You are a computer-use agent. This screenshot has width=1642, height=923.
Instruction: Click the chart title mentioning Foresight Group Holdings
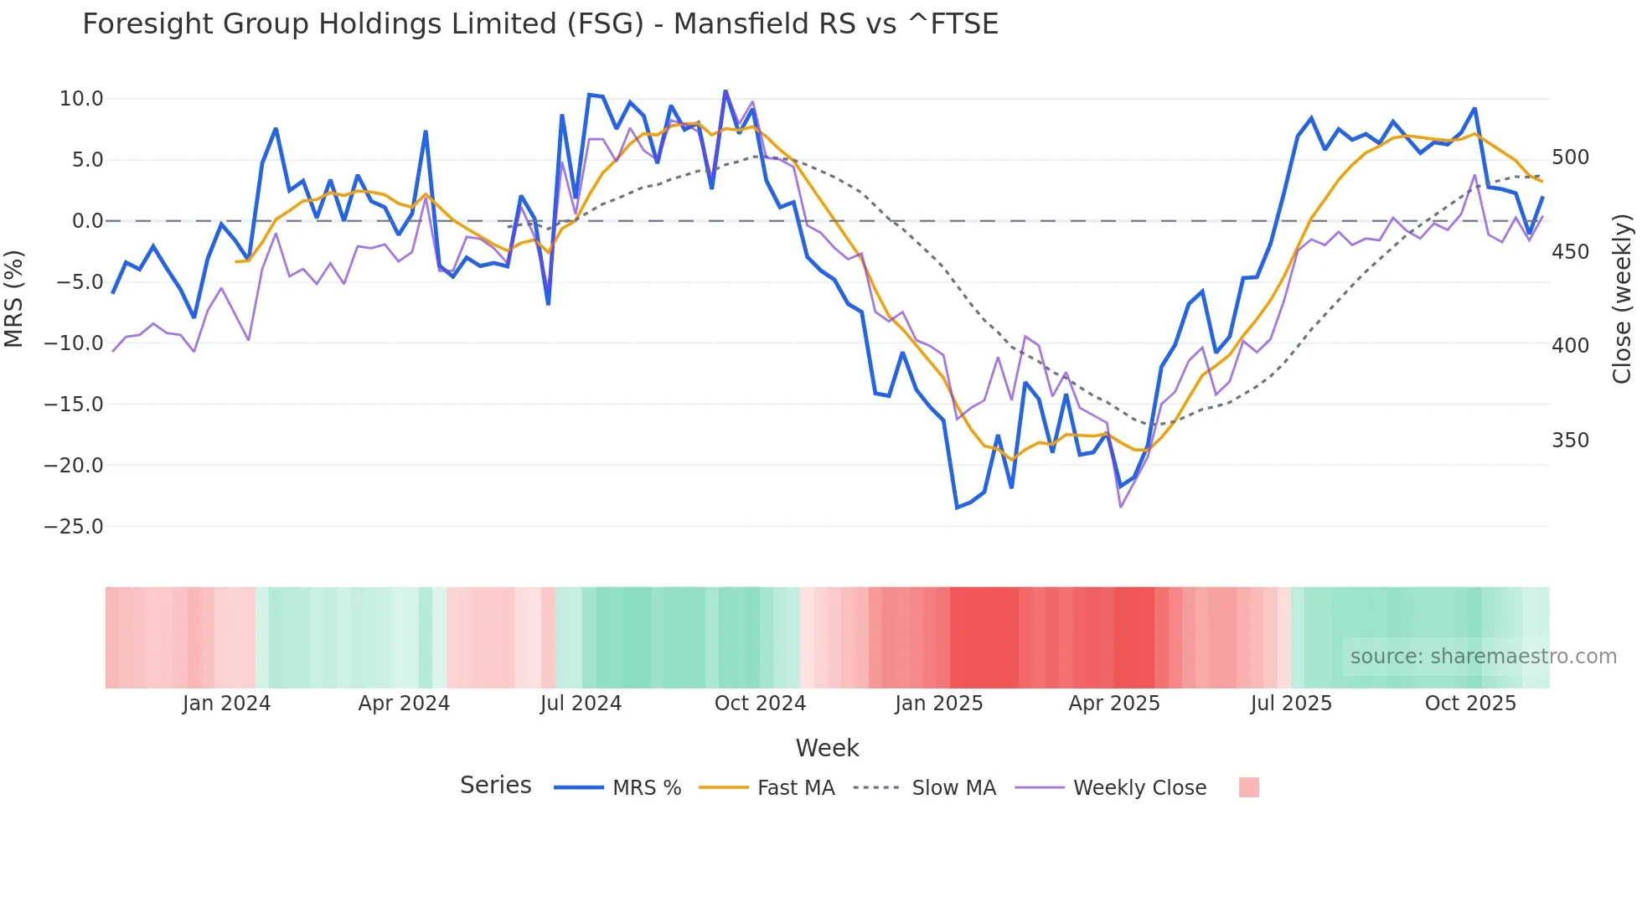click(x=540, y=24)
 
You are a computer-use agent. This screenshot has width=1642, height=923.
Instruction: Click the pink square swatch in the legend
click(x=1248, y=787)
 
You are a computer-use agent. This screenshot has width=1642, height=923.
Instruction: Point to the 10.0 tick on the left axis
click(x=81, y=99)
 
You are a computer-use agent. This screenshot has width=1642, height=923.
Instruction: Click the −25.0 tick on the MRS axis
click(x=74, y=527)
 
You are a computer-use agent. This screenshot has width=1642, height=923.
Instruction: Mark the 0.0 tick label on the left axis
click(x=87, y=221)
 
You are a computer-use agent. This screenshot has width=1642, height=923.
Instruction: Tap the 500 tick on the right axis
click(x=1570, y=157)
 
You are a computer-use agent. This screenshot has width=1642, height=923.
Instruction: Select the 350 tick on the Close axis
click(x=1570, y=441)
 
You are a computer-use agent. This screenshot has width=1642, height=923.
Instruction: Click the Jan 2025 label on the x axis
click(x=938, y=704)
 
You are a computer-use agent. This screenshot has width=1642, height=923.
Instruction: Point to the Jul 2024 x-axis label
click(x=581, y=704)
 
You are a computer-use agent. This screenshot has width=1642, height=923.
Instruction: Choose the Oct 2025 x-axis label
click(x=1470, y=704)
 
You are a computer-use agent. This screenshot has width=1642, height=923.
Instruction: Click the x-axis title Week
click(x=827, y=748)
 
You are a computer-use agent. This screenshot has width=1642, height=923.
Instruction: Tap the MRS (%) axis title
click(x=14, y=298)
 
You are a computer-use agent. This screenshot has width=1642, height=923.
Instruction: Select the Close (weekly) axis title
click(x=1622, y=298)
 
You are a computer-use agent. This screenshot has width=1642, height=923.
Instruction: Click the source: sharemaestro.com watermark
click(x=1483, y=657)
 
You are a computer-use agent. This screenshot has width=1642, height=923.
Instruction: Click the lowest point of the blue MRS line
click(x=957, y=508)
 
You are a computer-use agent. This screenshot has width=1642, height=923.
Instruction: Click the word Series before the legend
click(x=495, y=786)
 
